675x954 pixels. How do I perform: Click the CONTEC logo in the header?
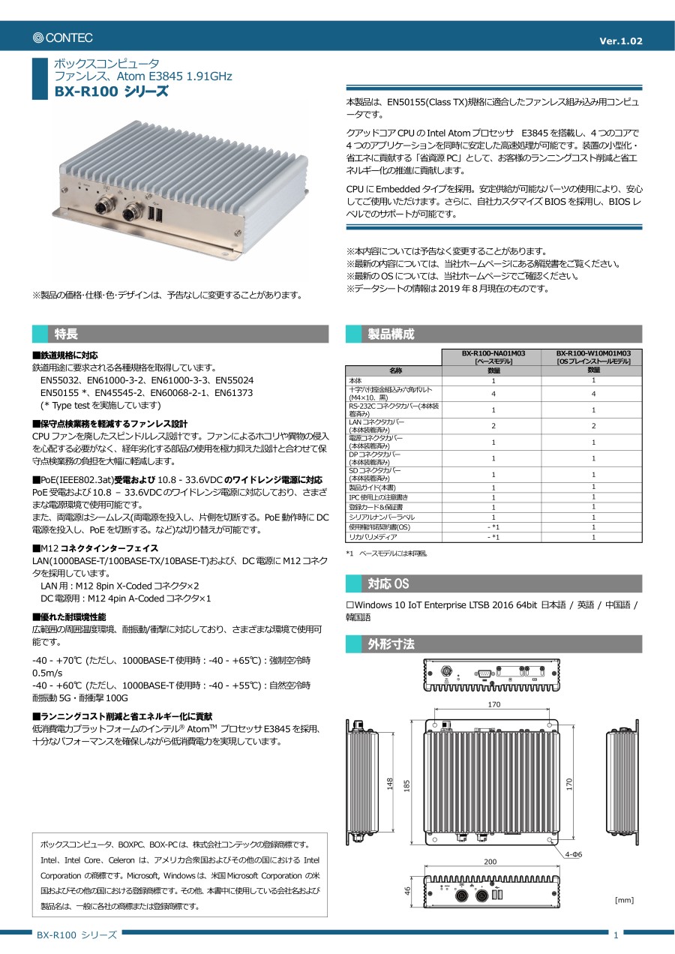63,37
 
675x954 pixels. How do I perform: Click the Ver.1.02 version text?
621,41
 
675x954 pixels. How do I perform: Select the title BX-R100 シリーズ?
112,91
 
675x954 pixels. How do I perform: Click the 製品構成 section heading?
391,334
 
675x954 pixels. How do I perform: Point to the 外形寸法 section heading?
391,644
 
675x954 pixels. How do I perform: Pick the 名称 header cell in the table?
395,370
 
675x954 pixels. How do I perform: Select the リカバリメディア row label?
371,537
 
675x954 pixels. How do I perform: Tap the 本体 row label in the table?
356,381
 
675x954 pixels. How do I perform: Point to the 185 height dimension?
407,784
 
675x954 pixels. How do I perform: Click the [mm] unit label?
624,899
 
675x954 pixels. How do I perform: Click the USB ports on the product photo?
156,215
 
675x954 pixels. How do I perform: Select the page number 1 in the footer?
616,934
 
